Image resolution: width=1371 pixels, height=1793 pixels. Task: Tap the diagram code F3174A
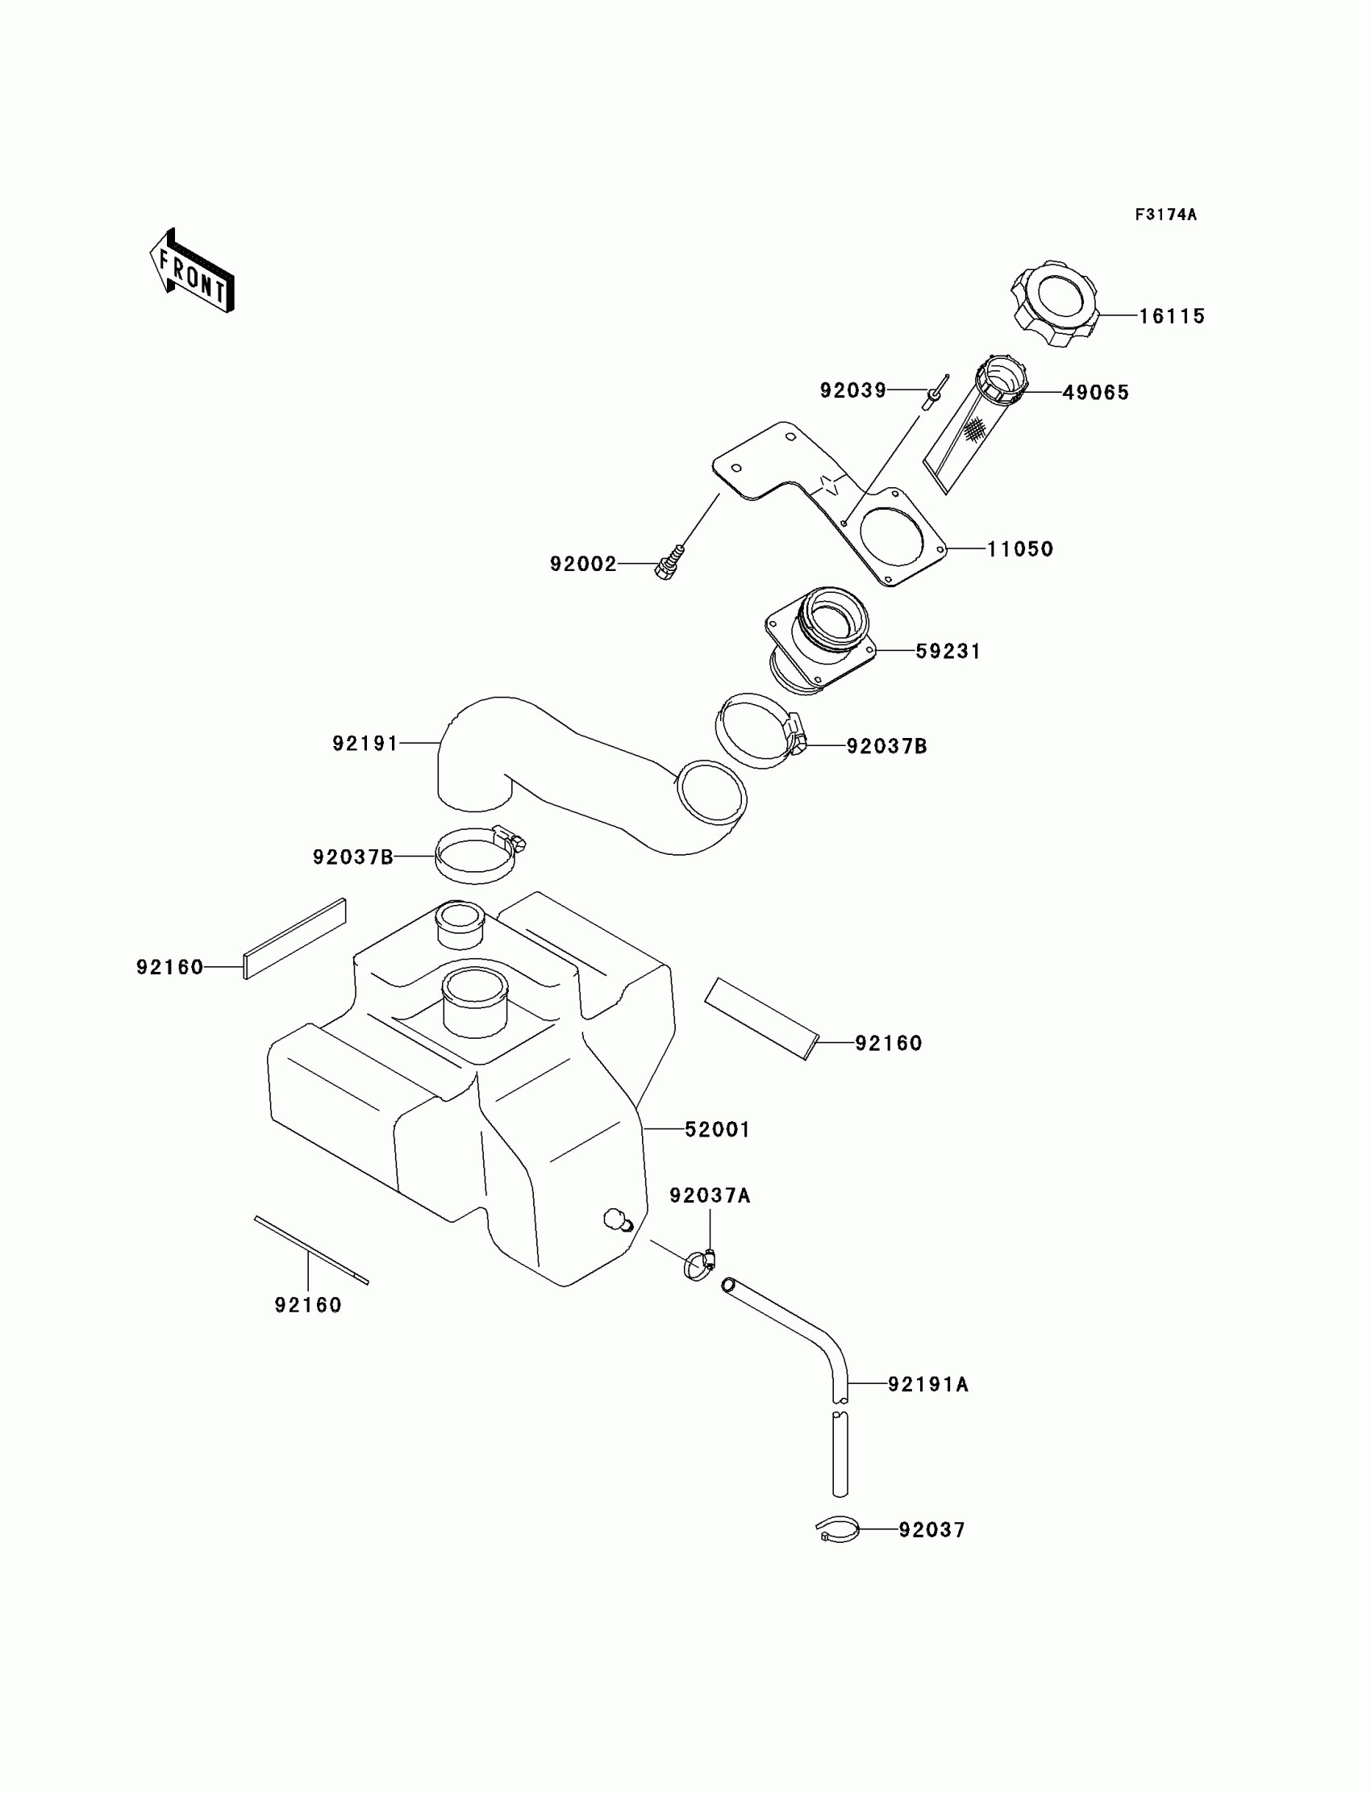(1165, 215)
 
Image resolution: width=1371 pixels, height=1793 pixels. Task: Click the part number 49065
(1095, 393)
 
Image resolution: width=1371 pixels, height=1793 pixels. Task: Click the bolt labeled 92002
(669, 562)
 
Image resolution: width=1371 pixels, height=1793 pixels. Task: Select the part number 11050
(1020, 549)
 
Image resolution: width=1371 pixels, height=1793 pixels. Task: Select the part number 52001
(716, 1129)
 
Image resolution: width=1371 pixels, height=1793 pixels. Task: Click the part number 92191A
(928, 1384)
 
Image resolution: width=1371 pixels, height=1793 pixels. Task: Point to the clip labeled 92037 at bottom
(837, 1528)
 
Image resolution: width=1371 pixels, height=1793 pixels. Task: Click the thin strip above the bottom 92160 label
(311, 1249)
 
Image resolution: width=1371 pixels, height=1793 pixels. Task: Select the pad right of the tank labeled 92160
(761, 1018)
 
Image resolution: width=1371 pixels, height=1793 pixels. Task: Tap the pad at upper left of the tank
(294, 939)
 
